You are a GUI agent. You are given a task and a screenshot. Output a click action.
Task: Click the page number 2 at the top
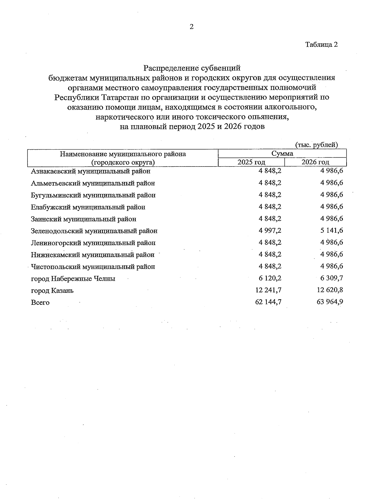coord(191,27)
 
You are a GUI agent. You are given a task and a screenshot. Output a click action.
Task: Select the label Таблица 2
coord(322,44)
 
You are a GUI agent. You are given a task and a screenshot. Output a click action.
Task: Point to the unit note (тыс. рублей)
coord(316,145)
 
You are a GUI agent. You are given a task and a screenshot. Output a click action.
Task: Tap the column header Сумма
coord(282,154)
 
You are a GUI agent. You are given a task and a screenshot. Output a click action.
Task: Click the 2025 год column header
coord(251,162)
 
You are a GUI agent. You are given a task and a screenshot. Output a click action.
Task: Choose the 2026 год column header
coord(315,162)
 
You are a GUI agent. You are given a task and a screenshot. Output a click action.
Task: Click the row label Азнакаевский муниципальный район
coord(91,171)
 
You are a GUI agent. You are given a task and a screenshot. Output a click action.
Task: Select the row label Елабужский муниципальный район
coord(88,207)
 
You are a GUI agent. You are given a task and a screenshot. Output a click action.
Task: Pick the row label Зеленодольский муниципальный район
coord(94,231)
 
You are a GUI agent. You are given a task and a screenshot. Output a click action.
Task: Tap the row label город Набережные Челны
coord(73,279)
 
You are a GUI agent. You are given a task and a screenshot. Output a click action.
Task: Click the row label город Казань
coord(52,291)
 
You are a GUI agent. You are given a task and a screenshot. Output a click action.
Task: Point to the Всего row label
coord(40,303)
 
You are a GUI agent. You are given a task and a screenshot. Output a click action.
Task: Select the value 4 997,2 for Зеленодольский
coord(270,231)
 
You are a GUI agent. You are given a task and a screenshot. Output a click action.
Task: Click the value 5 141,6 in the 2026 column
coord(332,231)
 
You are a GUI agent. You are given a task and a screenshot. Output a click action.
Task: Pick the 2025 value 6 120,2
coord(270,278)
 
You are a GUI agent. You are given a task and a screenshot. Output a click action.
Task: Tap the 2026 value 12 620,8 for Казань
coord(330,290)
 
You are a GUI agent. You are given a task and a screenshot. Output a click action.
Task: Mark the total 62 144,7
coord(268,302)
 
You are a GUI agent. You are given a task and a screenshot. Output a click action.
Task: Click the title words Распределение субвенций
coord(192,68)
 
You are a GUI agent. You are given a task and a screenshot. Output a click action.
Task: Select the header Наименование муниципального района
coord(123,154)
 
